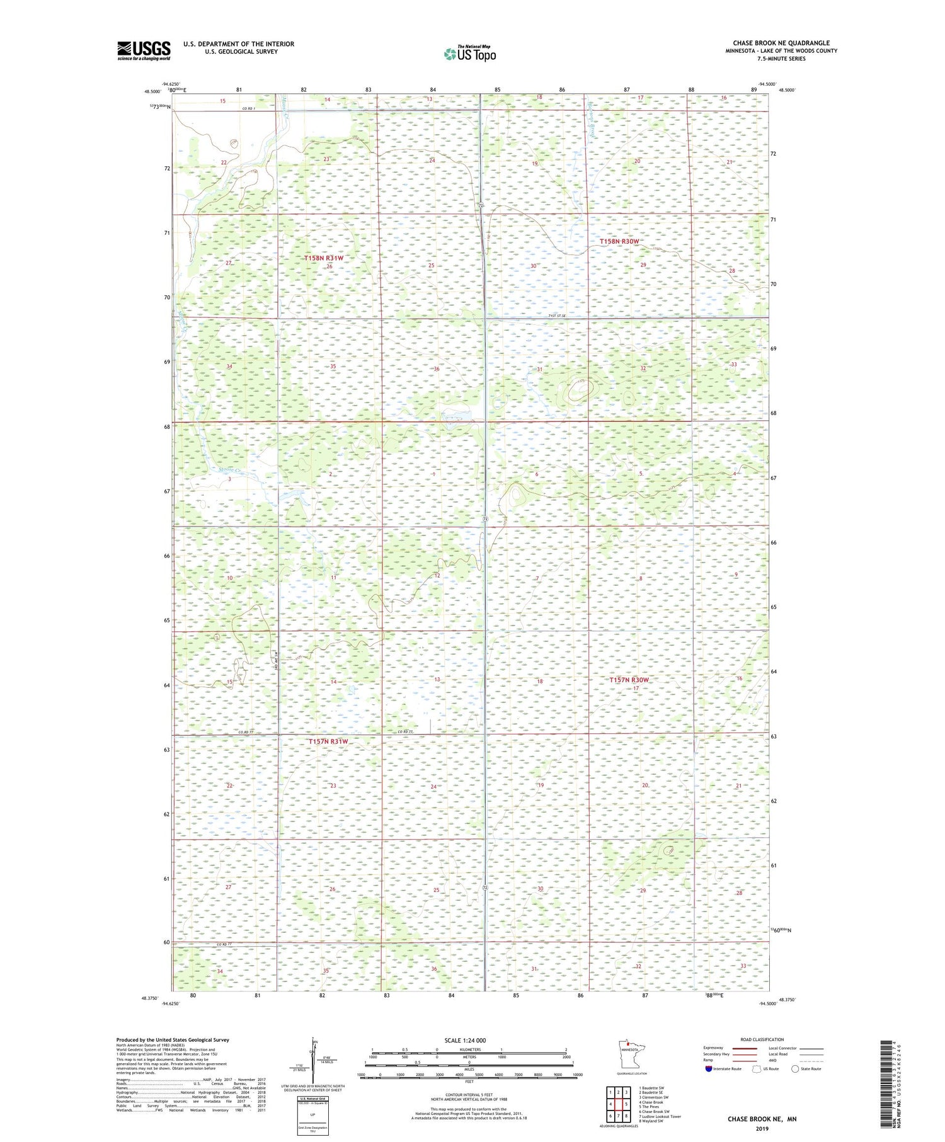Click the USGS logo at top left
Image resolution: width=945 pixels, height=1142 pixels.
click(144, 50)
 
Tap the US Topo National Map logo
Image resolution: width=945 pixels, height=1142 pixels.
click(469, 54)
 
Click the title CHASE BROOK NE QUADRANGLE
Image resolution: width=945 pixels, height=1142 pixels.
click(781, 43)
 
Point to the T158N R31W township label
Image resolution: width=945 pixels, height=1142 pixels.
click(323, 258)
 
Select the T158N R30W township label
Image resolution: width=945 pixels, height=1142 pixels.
click(619, 241)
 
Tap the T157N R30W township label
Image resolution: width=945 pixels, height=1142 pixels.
click(629, 680)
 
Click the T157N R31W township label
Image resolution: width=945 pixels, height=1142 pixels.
click(328, 741)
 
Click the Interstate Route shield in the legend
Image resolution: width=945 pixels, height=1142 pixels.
click(709, 1068)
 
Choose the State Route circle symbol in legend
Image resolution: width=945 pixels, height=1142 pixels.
click(795, 1068)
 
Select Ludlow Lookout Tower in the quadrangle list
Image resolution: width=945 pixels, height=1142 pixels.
click(660, 1116)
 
